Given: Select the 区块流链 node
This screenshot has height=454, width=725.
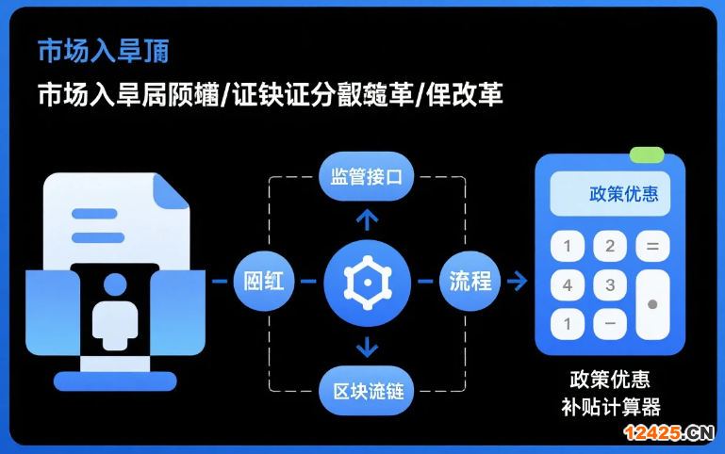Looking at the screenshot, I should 367,389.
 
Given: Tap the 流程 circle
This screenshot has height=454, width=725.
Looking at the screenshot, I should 470,281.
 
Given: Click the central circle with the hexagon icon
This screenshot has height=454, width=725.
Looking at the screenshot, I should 367,281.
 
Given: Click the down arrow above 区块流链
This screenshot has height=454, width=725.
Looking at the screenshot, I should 367,347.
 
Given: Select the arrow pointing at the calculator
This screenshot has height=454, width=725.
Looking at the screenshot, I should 516,281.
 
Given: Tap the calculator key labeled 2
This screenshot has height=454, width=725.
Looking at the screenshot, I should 610,248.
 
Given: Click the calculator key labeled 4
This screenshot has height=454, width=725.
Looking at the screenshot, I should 567,285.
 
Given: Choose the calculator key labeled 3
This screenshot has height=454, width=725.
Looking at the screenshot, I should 610,285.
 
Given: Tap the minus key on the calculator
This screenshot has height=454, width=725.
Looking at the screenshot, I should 610,324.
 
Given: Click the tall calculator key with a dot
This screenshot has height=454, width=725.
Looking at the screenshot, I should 652,304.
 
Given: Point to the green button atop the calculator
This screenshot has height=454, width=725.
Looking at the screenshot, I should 647,154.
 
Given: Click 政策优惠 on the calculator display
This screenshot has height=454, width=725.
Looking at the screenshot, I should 623,194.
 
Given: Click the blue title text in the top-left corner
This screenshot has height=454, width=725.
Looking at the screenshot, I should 103,52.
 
